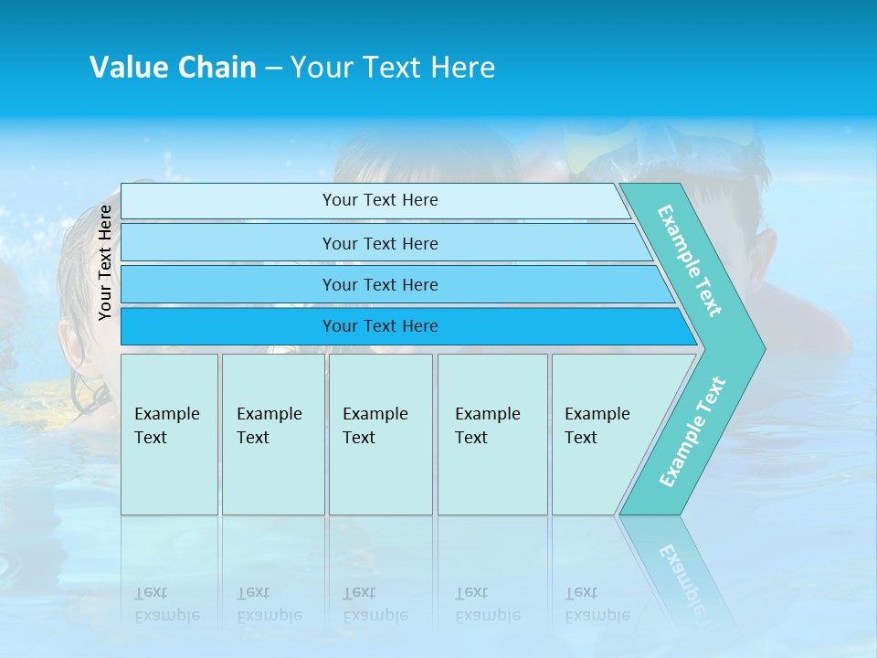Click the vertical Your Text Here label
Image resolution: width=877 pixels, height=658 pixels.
coord(105,262)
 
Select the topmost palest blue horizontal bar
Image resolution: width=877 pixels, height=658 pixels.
coord(379,200)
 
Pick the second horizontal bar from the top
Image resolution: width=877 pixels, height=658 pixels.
coord(379,243)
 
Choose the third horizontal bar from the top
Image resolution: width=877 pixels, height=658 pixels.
coord(379,284)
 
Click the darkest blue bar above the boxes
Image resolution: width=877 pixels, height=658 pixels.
coord(379,326)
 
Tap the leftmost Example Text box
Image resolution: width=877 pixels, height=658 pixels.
coord(169,434)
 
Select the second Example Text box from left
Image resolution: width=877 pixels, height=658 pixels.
coord(272,434)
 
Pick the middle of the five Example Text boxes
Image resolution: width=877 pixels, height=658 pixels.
coord(379,434)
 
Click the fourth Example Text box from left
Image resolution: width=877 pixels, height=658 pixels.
coord(491,434)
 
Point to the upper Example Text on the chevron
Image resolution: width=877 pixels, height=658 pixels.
coord(690,260)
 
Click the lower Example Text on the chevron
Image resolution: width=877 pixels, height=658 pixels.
coord(692,431)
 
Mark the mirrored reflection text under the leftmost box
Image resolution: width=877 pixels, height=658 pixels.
coord(167,604)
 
